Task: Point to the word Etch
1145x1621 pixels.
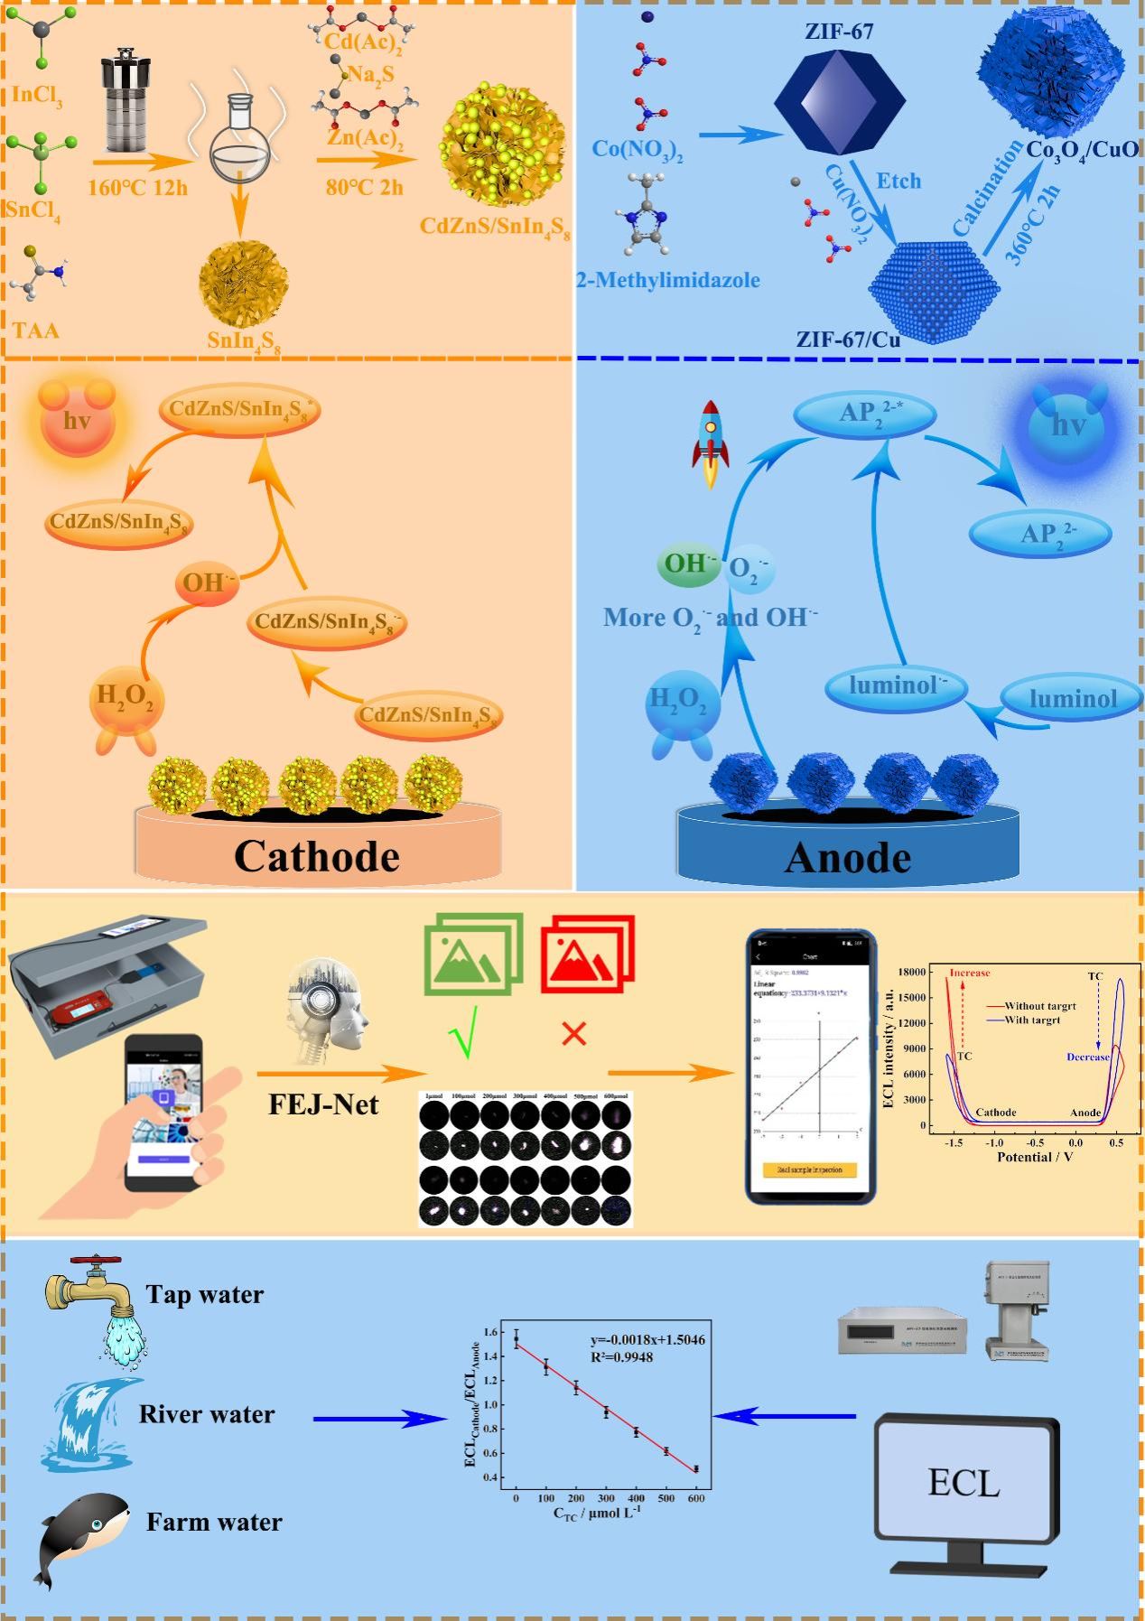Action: click(898, 181)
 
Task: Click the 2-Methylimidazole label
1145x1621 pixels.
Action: click(668, 280)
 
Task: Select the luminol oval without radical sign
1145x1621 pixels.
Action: click(1072, 699)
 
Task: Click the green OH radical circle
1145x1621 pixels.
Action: click(687, 564)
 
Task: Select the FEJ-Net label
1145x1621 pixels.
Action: click(323, 1104)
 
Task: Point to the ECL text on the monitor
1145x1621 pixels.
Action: click(963, 1483)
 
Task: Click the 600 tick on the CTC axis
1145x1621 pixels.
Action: click(696, 1498)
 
